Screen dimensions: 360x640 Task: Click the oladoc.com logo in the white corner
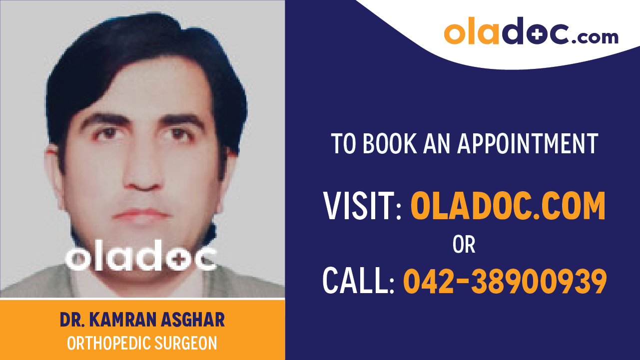coord(531,32)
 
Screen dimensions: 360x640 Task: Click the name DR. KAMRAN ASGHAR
coord(142,320)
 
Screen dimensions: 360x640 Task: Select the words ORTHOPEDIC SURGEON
coord(142,344)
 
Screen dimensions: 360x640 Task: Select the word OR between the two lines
coord(464,245)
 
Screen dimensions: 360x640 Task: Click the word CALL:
coord(359,281)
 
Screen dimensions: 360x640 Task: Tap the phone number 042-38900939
coord(505,281)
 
